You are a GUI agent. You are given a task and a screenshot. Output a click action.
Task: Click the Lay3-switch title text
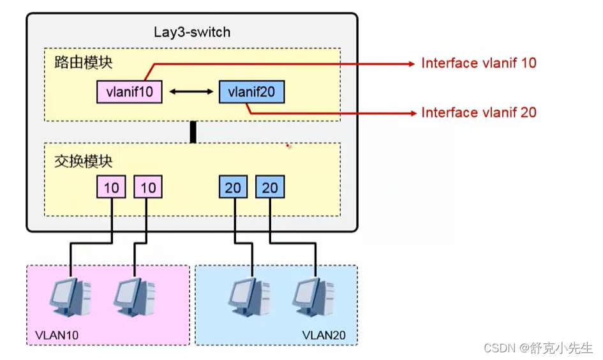pyautogui.click(x=192, y=32)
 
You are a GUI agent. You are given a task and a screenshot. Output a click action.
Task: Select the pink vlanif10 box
pyautogui.click(x=129, y=92)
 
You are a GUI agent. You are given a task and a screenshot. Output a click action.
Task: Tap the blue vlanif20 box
pyautogui.click(x=251, y=92)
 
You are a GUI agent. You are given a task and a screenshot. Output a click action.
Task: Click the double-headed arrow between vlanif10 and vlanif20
pyautogui.click(x=190, y=93)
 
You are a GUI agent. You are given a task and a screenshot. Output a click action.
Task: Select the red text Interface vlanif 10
pyautogui.click(x=479, y=63)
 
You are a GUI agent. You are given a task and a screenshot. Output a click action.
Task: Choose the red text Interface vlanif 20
pyautogui.click(x=479, y=112)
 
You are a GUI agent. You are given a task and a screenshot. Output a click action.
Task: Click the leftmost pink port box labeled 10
pyautogui.click(x=112, y=187)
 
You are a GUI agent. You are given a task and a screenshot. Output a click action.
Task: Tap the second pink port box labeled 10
pyautogui.click(x=148, y=187)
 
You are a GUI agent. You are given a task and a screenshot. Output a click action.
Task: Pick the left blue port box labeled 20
pyautogui.click(x=234, y=187)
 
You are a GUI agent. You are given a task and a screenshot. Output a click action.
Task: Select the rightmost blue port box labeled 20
pyautogui.click(x=270, y=187)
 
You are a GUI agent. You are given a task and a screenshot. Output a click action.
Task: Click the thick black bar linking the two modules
pyautogui.click(x=192, y=131)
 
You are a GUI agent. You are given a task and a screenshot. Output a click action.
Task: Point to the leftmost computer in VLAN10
pyautogui.click(x=70, y=297)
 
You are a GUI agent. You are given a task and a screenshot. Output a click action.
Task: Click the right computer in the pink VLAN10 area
pyautogui.click(x=135, y=297)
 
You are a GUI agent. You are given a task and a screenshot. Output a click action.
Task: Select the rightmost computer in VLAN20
pyautogui.click(x=313, y=297)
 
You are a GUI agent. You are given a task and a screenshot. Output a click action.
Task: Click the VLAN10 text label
pyautogui.click(x=57, y=334)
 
